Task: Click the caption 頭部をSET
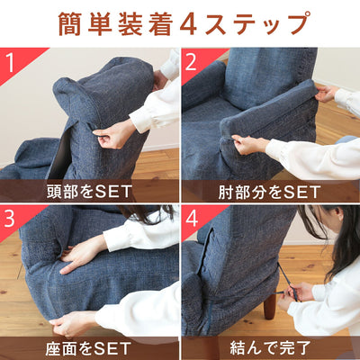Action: (89, 191)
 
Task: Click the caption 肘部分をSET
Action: (270, 191)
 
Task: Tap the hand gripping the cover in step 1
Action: (113, 135)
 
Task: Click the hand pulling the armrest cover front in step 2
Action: (249, 144)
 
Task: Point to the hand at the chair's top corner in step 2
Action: (327, 93)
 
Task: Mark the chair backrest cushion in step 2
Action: (265, 76)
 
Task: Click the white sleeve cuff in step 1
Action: (141, 120)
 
